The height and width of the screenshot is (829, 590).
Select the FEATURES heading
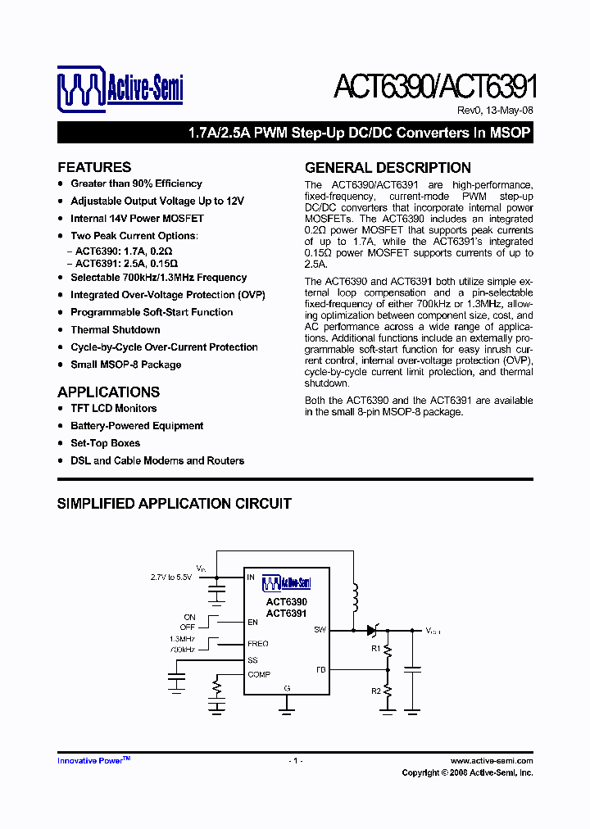pos(94,167)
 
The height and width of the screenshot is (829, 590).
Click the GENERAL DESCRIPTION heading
pos(388,167)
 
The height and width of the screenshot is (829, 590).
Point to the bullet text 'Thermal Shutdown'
pos(116,330)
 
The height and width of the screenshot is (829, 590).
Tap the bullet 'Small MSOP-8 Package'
pos(125,365)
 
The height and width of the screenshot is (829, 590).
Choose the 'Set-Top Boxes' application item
pos(106,443)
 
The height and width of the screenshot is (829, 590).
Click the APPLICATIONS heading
pos(108,392)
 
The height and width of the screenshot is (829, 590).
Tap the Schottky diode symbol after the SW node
pos(373,630)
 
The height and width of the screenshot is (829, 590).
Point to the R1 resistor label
pos(375,649)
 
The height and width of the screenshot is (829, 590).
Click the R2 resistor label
pos(375,691)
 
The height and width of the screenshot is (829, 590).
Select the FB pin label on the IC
pos(321,669)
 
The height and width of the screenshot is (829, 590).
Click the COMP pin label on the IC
pos(259,674)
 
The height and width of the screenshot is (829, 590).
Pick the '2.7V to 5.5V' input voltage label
pos(171,577)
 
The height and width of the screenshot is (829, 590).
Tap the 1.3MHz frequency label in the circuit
pos(183,639)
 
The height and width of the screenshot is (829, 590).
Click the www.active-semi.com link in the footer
pos(492,761)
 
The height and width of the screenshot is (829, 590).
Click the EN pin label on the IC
pos(252,623)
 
